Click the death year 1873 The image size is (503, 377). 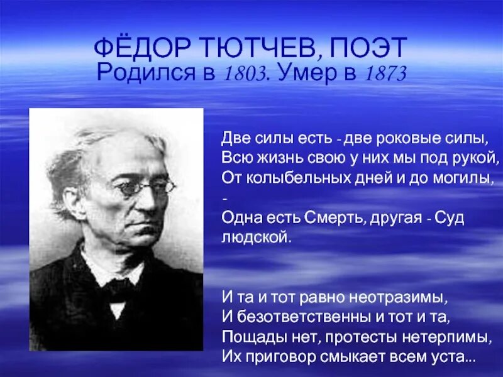(384, 73)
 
